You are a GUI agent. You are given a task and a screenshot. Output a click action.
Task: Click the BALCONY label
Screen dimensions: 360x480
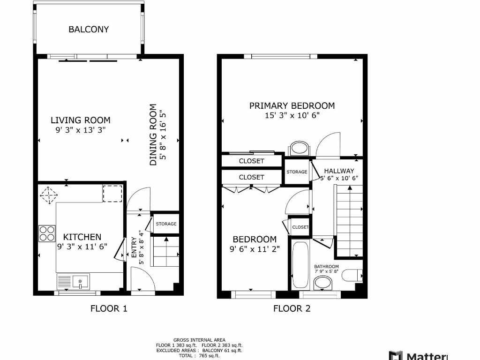tap(89, 29)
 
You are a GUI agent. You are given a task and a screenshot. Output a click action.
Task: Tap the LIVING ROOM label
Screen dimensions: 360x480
tap(81, 120)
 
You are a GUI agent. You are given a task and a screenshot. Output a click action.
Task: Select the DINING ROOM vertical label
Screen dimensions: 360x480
tap(153, 135)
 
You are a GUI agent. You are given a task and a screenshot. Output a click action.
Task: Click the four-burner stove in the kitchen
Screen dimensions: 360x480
tap(46, 233)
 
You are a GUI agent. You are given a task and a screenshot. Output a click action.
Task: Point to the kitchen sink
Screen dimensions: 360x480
tap(80, 281)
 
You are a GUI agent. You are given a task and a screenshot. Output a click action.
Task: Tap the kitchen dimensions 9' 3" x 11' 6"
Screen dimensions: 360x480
tap(82, 247)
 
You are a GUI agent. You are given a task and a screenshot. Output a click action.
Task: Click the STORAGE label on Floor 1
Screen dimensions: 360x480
tap(166, 224)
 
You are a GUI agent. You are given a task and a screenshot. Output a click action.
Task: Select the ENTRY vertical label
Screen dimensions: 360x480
tap(134, 248)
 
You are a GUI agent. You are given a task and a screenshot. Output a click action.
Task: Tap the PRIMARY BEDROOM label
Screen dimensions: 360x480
tap(292, 105)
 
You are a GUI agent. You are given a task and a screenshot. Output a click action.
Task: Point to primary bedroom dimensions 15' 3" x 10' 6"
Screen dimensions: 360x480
tap(292, 115)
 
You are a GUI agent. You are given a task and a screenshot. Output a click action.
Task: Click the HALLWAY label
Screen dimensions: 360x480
tap(339, 171)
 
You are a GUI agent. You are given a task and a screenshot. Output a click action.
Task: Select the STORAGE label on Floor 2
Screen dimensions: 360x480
tap(297, 172)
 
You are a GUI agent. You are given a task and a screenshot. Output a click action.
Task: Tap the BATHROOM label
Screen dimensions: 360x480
tap(326, 266)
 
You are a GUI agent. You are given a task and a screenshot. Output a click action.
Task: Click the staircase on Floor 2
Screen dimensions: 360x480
tap(350, 220)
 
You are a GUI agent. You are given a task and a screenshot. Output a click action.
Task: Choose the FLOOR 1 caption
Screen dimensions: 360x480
tap(109, 308)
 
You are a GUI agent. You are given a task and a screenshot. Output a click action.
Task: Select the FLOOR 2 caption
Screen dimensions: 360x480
tap(292, 308)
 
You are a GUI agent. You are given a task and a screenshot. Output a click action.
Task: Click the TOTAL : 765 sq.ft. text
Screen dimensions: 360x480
tap(199, 356)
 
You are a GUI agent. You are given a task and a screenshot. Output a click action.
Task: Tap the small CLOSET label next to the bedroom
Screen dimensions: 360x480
tap(300, 227)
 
